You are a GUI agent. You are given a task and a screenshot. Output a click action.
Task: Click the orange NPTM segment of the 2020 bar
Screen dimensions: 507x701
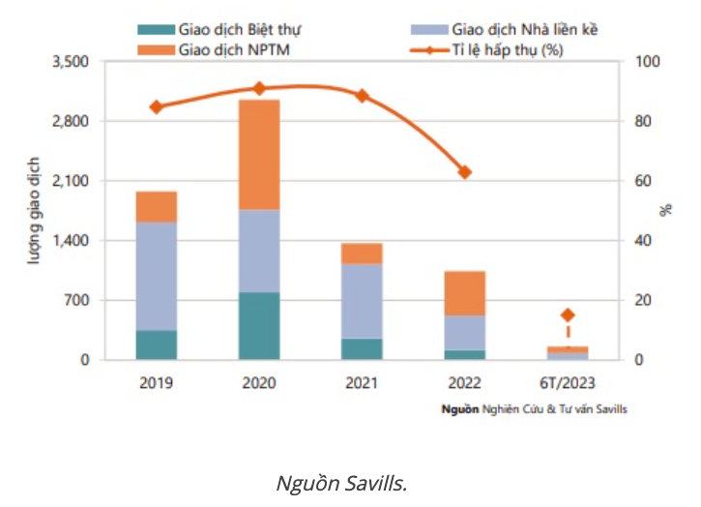(x=258, y=155)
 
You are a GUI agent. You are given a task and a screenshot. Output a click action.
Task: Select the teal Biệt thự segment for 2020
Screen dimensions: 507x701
(x=258, y=326)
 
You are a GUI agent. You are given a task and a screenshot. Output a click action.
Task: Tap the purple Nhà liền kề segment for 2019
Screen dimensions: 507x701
(x=156, y=277)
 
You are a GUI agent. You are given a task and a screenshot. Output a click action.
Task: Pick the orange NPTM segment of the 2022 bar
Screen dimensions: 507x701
(x=464, y=293)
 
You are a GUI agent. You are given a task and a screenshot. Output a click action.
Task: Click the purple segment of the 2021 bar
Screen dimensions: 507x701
(x=362, y=301)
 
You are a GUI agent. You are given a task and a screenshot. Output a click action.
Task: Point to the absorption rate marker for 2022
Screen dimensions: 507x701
(x=464, y=172)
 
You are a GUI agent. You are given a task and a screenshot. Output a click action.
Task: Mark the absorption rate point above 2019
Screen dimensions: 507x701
(x=156, y=106)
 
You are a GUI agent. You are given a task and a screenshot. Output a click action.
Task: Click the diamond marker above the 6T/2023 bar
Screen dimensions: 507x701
(x=568, y=314)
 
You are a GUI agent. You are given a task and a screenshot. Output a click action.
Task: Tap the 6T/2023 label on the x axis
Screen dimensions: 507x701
(x=568, y=383)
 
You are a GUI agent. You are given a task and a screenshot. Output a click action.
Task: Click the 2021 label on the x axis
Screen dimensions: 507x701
(x=362, y=383)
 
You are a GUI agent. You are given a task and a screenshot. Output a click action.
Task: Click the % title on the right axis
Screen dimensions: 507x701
(x=666, y=211)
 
